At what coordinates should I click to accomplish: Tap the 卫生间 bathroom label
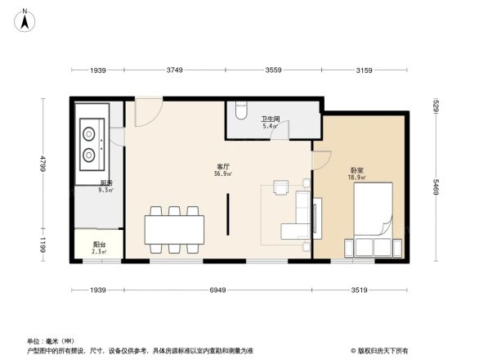tap(270, 119)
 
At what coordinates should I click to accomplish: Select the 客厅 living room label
tap(222, 166)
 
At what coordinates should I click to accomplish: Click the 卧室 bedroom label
tap(356, 169)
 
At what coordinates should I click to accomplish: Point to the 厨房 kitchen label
tap(105, 182)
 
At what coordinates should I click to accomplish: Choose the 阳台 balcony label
tap(97, 244)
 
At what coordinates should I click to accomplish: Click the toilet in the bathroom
tap(239, 107)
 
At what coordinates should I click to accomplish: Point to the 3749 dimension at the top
tap(175, 70)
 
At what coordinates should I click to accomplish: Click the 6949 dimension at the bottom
tap(217, 290)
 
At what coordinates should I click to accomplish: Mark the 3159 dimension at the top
tap(365, 70)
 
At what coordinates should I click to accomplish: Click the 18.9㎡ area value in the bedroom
tap(356, 177)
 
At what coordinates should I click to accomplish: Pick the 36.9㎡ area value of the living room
tap(222, 173)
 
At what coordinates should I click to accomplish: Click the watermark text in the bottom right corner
tap(380, 350)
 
